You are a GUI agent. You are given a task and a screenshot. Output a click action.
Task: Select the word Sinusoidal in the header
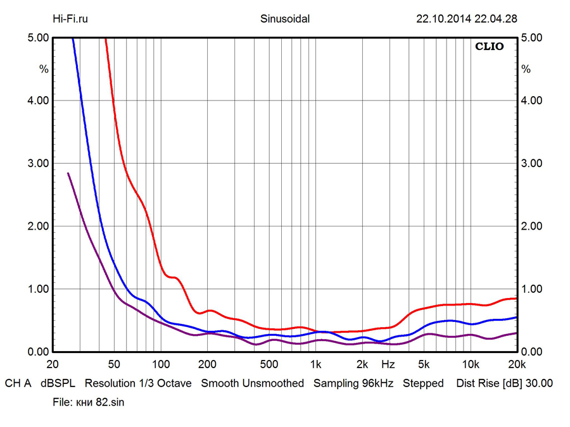(x=285, y=19)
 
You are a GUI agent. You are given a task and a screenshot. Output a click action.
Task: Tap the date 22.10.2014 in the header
(x=443, y=19)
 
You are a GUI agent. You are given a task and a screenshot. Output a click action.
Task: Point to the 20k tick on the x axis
(x=517, y=364)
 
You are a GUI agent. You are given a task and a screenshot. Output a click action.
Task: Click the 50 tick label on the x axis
(x=114, y=364)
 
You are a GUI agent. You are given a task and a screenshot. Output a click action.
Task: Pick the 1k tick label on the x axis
(x=315, y=364)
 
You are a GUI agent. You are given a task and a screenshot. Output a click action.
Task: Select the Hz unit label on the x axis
(x=388, y=364)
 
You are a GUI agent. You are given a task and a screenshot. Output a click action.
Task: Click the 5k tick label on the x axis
(x=424, y=364)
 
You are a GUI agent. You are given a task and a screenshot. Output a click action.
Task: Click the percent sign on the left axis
(x=44, y=69)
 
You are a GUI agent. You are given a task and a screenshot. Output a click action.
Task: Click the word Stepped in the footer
(x=423, y=383)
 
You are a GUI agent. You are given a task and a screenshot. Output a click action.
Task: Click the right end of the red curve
(x=517, y=298)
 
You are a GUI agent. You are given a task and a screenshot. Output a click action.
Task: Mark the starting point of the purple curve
(x=68, y=173)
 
